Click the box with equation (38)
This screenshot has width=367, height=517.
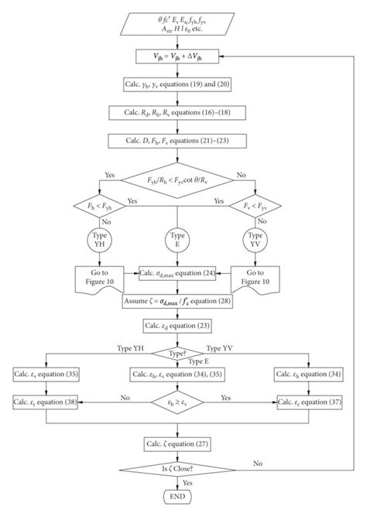click(x=46, y=402)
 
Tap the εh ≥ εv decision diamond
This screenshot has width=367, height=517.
click(x=179, y=402)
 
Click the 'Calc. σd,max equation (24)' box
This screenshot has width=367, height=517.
click(x=179, y=273)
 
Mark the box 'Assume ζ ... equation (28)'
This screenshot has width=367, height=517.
click(x=179, y=300)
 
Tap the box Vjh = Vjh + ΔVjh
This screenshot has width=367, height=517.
click(x=179, y=56)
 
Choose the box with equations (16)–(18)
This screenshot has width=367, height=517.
click(x=179, y=112)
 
